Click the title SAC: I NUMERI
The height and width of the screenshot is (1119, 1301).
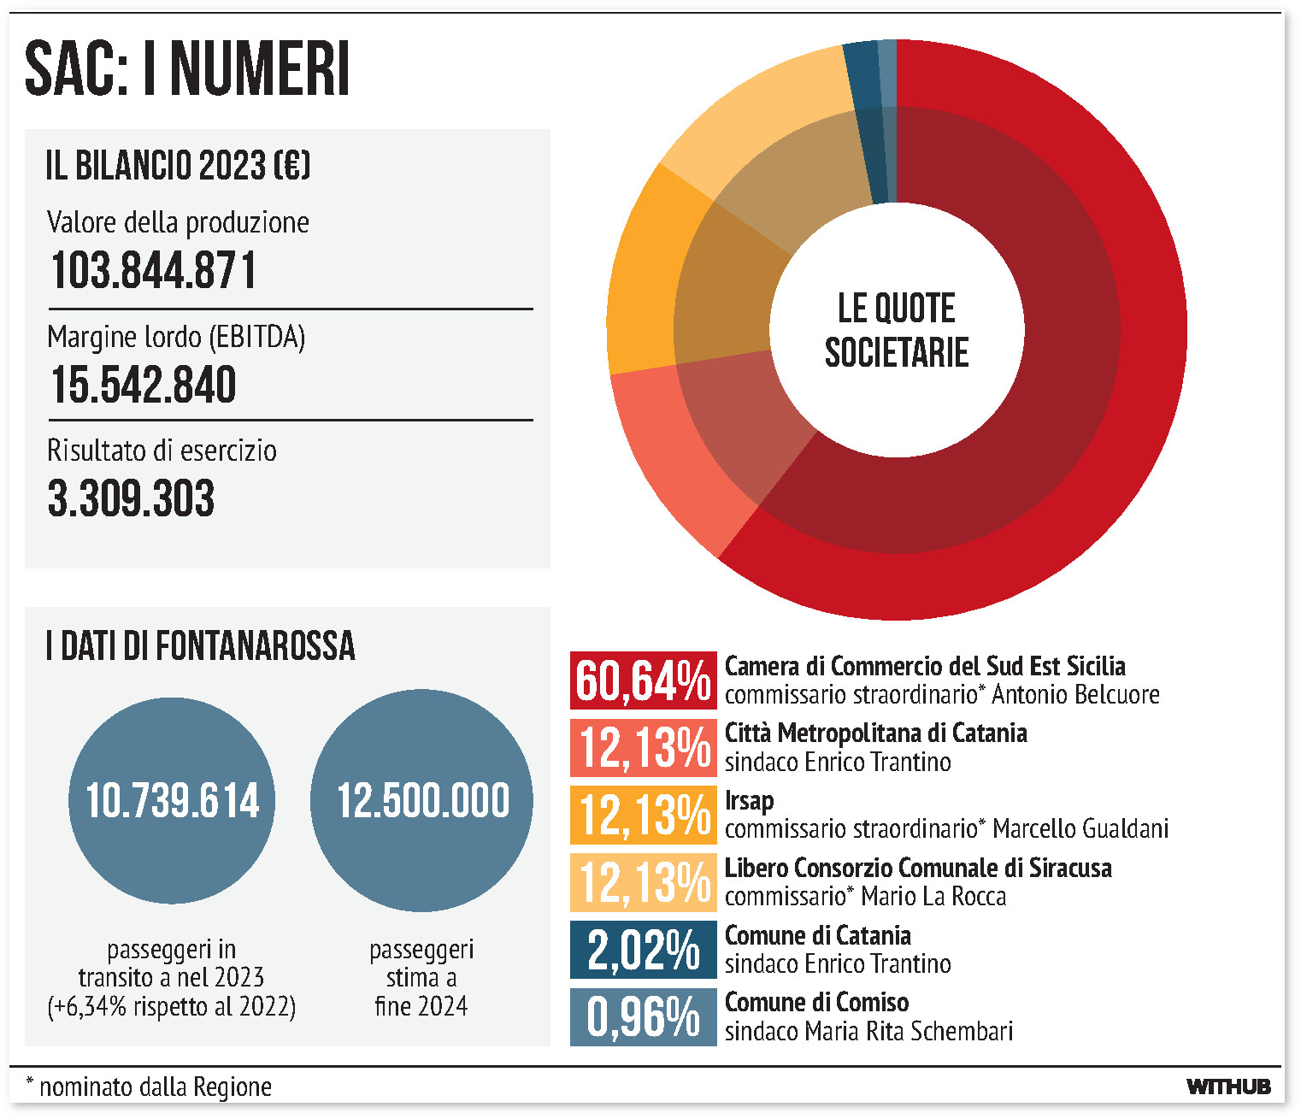click(187, 69)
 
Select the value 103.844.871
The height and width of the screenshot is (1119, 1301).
click(153, 271)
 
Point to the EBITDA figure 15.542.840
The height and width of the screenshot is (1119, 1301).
click(143, 385)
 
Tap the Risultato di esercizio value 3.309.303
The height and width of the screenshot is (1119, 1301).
click(131, 498)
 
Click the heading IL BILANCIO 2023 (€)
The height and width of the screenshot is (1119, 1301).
click(178, 166)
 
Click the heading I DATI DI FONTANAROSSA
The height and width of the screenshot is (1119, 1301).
click(200, 646)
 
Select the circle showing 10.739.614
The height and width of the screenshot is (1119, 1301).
click(172, 801)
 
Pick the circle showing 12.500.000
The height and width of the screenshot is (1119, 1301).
click(422, 801)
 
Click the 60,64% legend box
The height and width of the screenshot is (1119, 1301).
click(643, 680)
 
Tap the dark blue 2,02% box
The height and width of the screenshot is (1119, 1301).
click(643, 950)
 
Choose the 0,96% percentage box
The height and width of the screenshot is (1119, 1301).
click(643, 1017)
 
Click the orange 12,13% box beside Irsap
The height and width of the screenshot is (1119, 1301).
click(643, 815)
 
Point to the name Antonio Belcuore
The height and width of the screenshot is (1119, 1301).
click(1075, 694)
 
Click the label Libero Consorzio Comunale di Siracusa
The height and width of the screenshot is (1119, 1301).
click(918, 869)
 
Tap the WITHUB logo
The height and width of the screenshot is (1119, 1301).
click(1228, 1087)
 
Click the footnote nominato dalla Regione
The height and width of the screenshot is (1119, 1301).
click(154, 1087)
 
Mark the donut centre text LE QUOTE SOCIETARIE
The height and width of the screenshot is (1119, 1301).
click(897, 330)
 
